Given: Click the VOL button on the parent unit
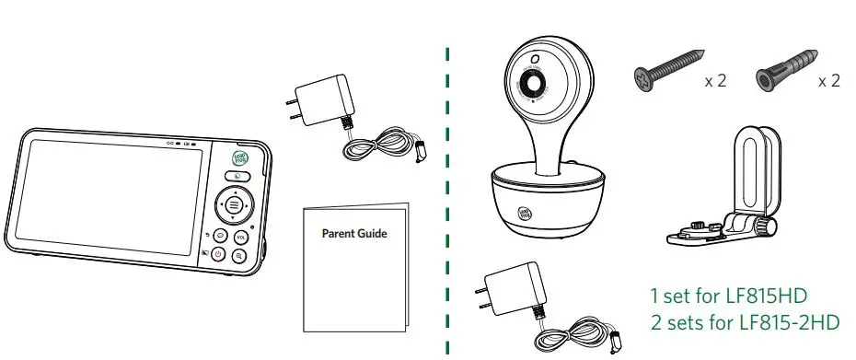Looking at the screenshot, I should pos(241,237).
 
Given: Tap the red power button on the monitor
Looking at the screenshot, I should pos(218,254).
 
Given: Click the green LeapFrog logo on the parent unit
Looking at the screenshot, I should pos(238,157).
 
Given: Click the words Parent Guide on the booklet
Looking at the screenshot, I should pos(354,233).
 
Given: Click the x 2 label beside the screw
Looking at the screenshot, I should pos(715,81).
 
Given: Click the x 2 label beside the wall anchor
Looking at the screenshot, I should pos(829,81).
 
